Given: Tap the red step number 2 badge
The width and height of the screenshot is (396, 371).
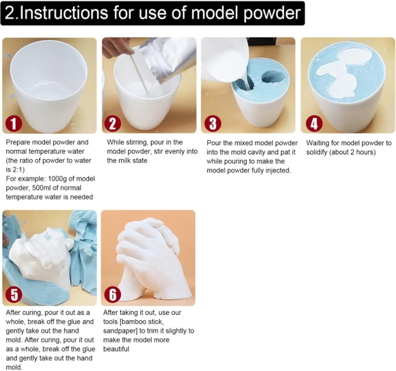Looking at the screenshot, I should [x=112, y=123].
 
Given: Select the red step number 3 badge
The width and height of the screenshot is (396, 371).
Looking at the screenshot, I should [x=213, y=123].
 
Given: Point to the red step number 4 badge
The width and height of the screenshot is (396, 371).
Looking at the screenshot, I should [x=314, y=123].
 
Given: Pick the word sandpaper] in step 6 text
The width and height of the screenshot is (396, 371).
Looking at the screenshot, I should [x=120, y=331].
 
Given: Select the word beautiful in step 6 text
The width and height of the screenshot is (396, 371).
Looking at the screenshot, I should [x=116, y=349].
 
